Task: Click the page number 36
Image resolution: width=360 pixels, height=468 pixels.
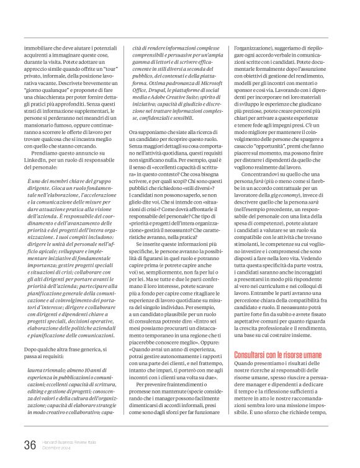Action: [x=29, y=444]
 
